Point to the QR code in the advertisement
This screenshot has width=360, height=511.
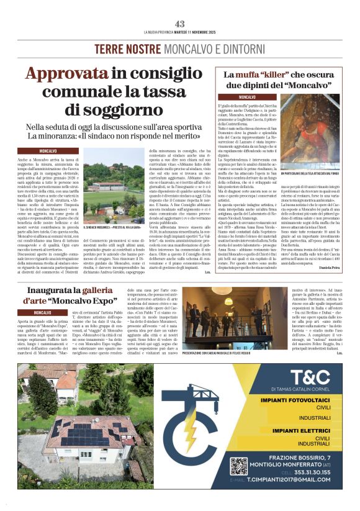click(x=239, y=466)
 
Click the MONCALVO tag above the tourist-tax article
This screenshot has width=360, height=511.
click(x=48, y=151)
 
